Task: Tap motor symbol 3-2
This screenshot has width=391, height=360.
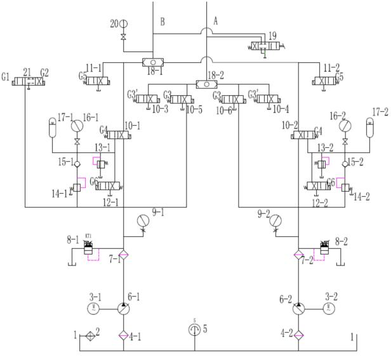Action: coord(329,308)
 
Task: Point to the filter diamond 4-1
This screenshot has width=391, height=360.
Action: coord(124,335)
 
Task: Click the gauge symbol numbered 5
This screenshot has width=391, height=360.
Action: coord(195,330)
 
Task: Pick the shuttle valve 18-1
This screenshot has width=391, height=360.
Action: coord(153,62)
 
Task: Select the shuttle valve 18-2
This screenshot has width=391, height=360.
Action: coord(207,84)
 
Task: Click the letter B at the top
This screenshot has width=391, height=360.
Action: coord(162,22)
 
